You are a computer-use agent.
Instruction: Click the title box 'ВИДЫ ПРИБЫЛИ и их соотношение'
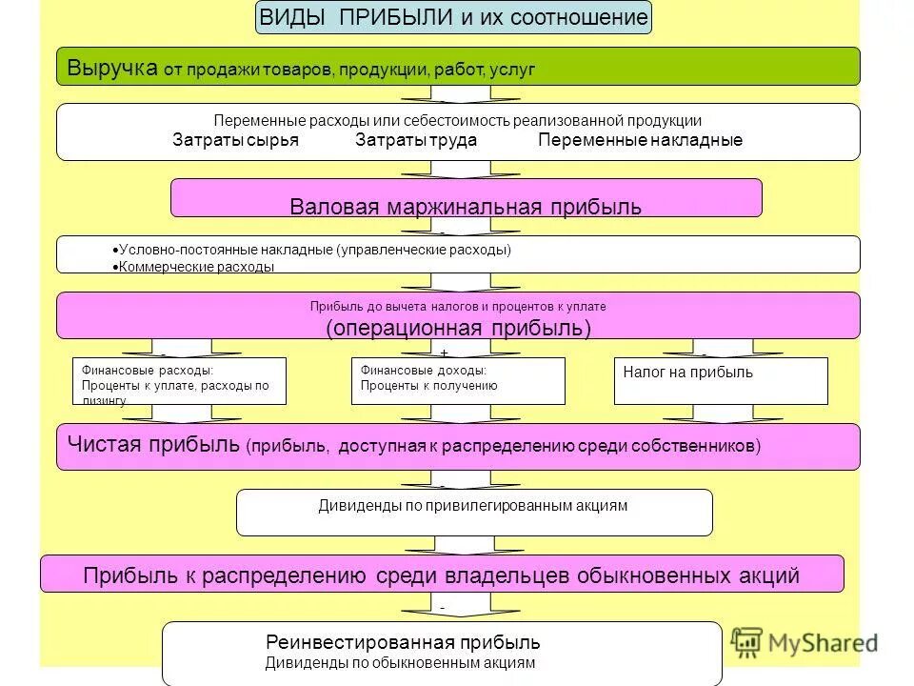[x=454, y=17]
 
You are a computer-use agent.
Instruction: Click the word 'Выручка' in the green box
[x=111, y=68]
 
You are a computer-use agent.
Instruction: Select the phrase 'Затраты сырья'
[x=235, y=140]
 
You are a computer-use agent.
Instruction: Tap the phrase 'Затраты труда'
[x=416, y=140]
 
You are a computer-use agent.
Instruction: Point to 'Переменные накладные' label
[x=640, y=140]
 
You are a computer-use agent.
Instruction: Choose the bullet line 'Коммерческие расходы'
[x=196, y=267]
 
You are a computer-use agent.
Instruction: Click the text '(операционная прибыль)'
[x=458, y=328]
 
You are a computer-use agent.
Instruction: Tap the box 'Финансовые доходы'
[x=458, y=380]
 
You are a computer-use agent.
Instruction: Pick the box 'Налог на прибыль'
[x=721, y=380]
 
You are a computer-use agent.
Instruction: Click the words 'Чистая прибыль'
[x=153, y=445]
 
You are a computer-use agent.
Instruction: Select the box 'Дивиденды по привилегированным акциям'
[x=473, y=512]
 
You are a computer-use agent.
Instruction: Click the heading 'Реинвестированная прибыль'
[x=403, y=643]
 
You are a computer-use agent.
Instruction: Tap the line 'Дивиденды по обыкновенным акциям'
[x=400, y=662]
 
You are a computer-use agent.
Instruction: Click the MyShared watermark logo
[x=805, y=641]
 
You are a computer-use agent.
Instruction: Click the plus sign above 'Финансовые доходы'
[x=444, y=353]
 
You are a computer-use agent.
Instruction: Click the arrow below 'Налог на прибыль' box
[x=721, y=414]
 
